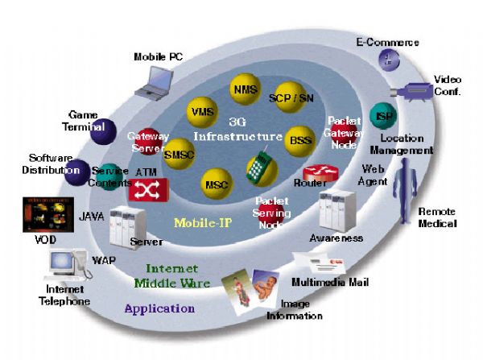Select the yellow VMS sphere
tap(200, 110)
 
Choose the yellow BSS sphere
tap(298, 140)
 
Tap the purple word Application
tap(159, 308)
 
